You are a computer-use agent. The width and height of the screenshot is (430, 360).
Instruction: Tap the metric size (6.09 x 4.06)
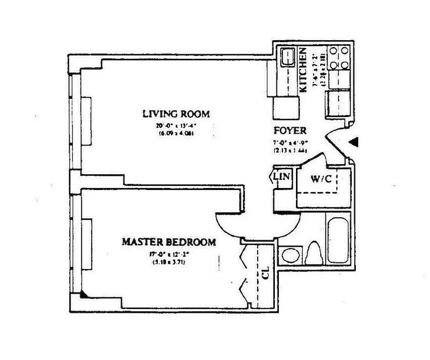176,133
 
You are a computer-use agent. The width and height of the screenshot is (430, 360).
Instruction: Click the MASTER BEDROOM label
169,242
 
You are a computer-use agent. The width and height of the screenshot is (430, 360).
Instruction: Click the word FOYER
290,131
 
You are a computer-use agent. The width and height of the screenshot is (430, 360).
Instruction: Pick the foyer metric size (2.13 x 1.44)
290,151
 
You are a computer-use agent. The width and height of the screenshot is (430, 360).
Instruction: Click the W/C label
321,178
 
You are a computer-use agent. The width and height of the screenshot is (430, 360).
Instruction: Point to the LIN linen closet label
282,176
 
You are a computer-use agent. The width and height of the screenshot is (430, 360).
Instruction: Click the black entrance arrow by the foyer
354,142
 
